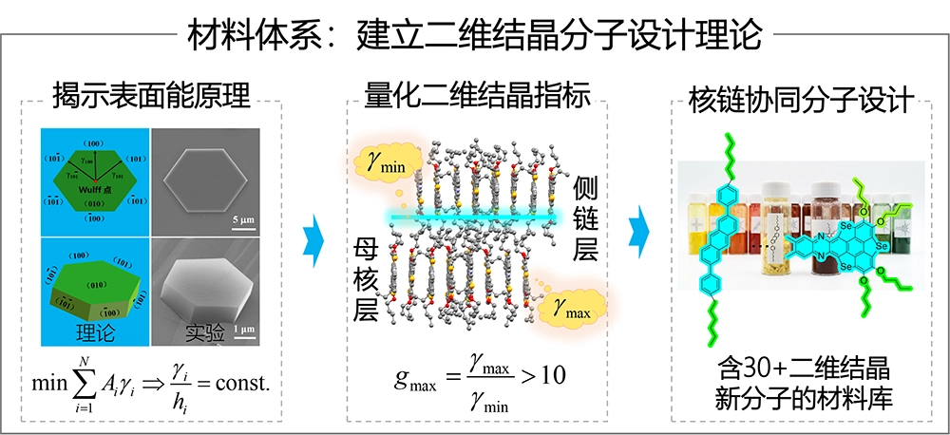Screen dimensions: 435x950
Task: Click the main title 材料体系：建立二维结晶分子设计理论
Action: point(474,36)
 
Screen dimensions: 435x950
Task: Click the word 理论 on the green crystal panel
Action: point(93,331)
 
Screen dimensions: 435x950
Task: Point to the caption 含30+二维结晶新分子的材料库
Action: point(800,382)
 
